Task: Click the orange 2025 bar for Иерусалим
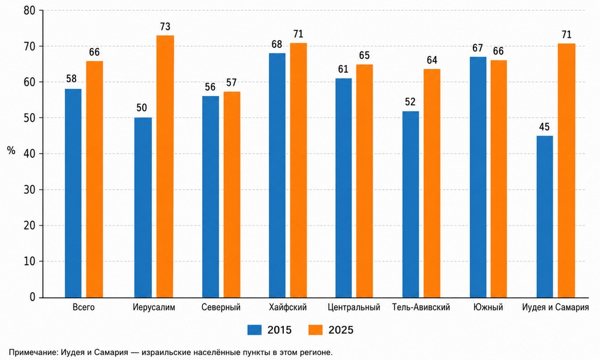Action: (x=165, y=166)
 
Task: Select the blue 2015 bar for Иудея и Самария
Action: (x=545, y=217)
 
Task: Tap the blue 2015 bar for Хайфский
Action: (x=277, y=175)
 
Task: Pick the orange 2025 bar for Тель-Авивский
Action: (x=431, y=183)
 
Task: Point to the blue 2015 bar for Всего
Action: (x=73, y=193)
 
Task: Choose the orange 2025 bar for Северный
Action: (x=232, y=195)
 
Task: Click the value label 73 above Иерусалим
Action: (x=165, y=27)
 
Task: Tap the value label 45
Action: (x=544, y=127)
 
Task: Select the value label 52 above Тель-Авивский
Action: (x=410, y=102)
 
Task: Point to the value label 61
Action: (x=343, y=70)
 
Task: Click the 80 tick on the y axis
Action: (x=29, y=11)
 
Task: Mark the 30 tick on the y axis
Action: (x=29, y=190)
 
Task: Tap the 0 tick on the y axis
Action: (x=32, y=297)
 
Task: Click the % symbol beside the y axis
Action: (x=11, y=151)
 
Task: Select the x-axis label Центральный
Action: (x=354, y=308)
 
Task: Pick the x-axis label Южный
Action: (x=488, y=307)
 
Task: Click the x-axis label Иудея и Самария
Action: (x=555, y=308)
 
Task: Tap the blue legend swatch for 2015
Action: (x=254, y=330)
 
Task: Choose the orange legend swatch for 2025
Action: (x=316, y=330)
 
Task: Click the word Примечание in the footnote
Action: (x=32, y=352)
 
